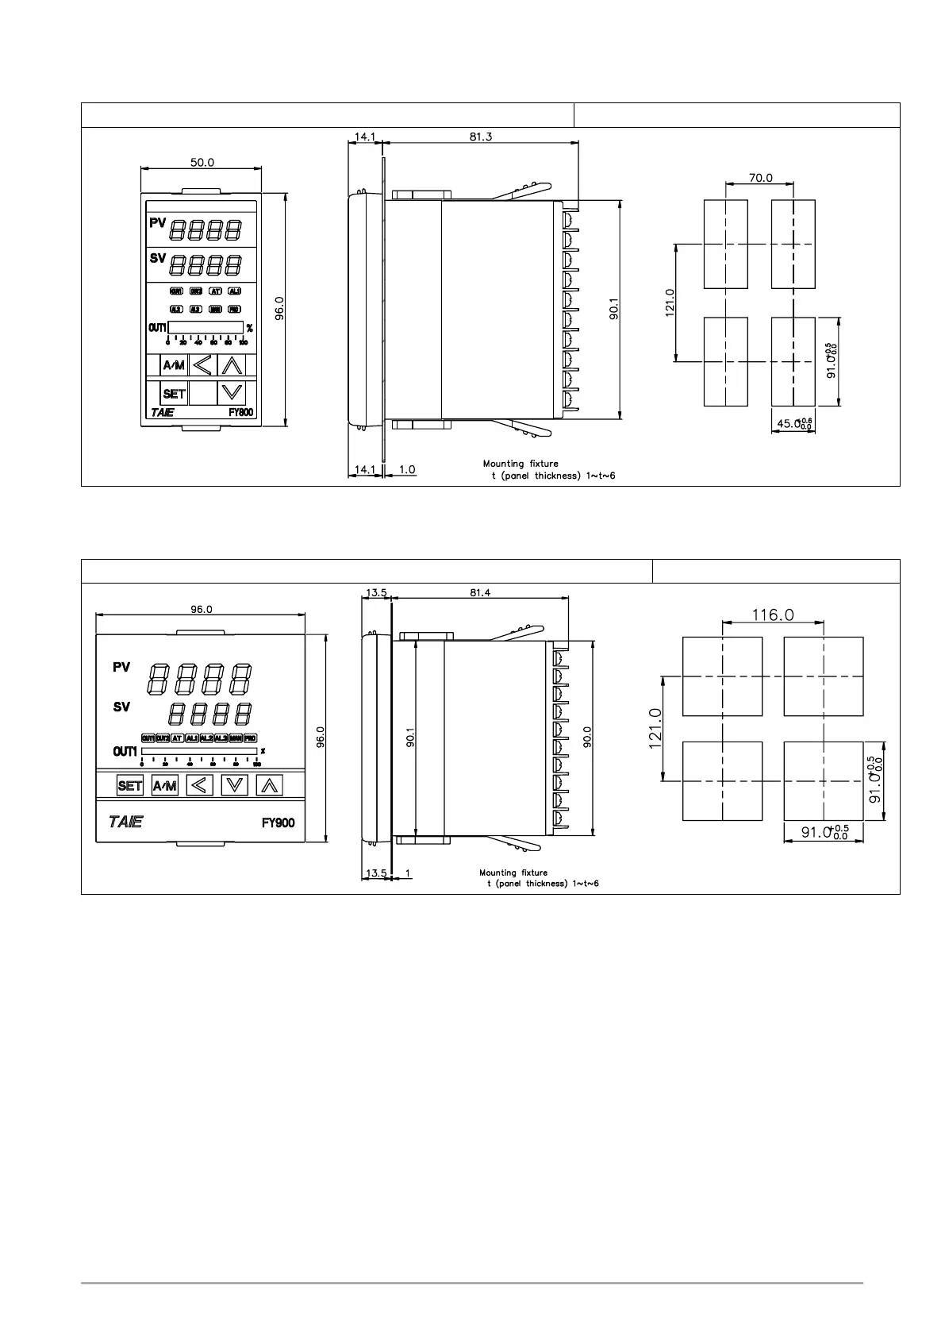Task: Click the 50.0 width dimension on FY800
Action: pyautogui.click(x=202, y=162)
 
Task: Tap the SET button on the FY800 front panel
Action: pyautogui.click(x=174, y=393)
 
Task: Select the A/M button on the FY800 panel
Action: pyautogui.click(x=174, y=365)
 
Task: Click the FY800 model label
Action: pyautogui.click(x=240, y=412)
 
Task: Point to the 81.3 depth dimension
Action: pyautogui.click(x=481, y=137)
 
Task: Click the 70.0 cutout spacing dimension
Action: pyautogui.click(x=759, y=178)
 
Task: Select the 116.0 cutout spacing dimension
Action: pyautogui.click(x=773, y=615)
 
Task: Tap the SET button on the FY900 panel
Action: pyautogui.click(x=129, y=786)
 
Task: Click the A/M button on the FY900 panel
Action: pyautogui.click(x=165, y=786)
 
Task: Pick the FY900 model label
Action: pyautogui.click(x=278, y=823)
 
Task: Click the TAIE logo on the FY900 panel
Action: pyautogui.click(x=125, y=822)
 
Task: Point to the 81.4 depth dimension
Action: pyautogui.click(x=479, y=592)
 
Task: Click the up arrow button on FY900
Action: pyautogui.click(x=270, y=786)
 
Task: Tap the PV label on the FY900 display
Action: pyautogui.click(x=121, y=668)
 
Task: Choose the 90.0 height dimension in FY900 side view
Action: pyautogui.click(x=586, y=736)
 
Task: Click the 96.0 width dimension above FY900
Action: pyautogui.click(x=201, y=609)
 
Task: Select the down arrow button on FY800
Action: pyautogui.click(x=231, y=391)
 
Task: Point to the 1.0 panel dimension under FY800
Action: pyautogui.click(x=406, y=469)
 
